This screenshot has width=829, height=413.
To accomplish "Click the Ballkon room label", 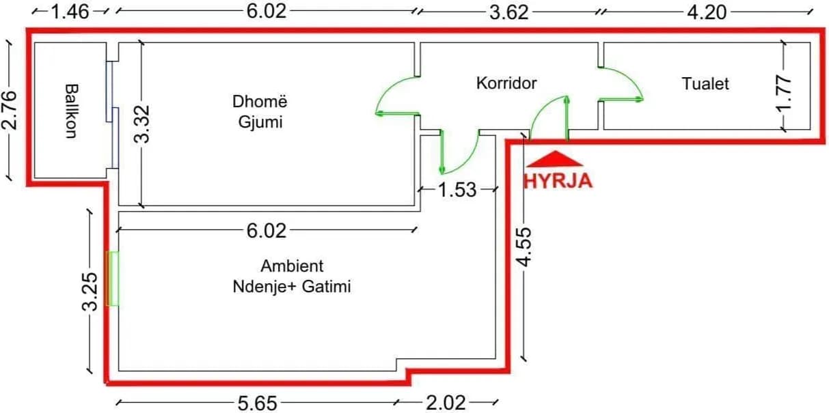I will [70, 111].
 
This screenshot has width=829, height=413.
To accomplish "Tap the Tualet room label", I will [705, 84].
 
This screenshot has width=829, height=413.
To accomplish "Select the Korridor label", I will [506, 83].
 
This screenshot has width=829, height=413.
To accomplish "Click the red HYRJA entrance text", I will [558, 182].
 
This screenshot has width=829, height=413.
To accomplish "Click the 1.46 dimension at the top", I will [70, 12].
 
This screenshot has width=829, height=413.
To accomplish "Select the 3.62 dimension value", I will [510, 12].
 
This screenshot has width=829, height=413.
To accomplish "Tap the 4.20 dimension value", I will [707, 12].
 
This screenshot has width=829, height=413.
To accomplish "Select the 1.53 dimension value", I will [457, 189].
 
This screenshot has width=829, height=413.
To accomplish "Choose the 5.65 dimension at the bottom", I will [258, 403].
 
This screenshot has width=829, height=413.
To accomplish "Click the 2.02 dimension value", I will [446, 403].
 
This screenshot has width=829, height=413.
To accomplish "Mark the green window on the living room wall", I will [113, 279].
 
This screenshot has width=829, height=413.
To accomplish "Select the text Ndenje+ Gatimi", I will [292, 287].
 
